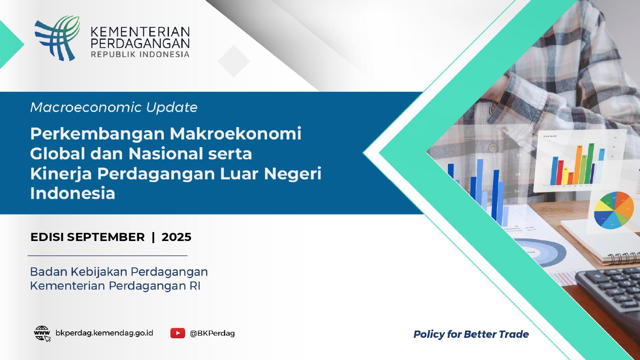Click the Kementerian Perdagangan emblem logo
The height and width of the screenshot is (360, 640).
click(57, 38)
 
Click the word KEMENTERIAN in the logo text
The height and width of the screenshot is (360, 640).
click(140, 32)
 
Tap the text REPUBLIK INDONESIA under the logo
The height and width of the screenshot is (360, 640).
click(140, 54)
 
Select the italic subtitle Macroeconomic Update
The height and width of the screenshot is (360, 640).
click(114, 107)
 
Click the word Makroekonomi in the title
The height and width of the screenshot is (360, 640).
click(236, 134)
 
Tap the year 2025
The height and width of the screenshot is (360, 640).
click(176, 237)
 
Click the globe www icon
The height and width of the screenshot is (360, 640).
click(42, 334)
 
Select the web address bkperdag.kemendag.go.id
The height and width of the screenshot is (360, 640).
click(104, 333)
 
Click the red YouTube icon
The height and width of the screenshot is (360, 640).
click(178, 333)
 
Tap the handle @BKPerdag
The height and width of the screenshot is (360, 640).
click(212, 334)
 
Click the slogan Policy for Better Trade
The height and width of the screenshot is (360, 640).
click(471, 334)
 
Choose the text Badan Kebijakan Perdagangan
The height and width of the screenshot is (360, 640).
click(119, 272)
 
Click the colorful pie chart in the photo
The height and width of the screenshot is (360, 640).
click(610, 210)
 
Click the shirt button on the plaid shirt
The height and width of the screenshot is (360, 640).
click(492, 148)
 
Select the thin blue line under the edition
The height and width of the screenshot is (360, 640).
click(108, 256)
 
